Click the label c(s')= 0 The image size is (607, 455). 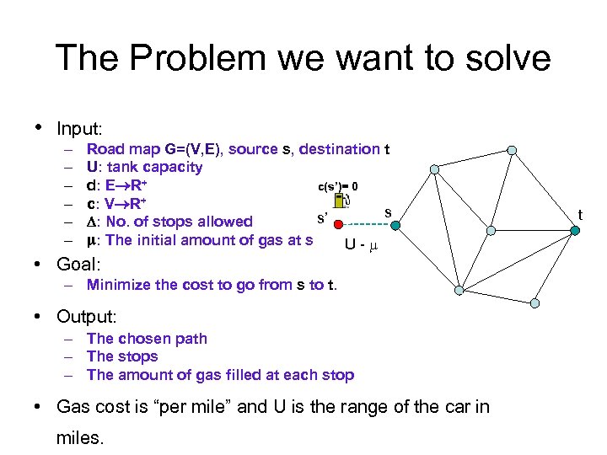click(x=342, y=185)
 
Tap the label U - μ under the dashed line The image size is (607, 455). click(x=360, y=246)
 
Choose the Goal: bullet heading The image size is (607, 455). click(x=78, y=264)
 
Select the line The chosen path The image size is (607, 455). click(x=147, y=339)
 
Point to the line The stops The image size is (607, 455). click(x=122, y=356)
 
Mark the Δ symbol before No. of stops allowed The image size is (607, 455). click(x=91, y=222)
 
